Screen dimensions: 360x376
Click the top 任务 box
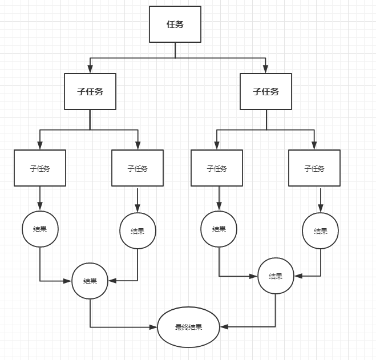pyautogui.click(x=175, y=24)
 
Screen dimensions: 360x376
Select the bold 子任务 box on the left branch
pyautogui.click(x=90, y=91)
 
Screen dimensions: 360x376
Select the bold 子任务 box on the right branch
pyautogui.click(x=266, y=91)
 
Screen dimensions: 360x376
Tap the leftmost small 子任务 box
pyautogui.click(x=40, y=168)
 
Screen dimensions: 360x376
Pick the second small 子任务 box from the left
pyautogui.click(x=138, y=168)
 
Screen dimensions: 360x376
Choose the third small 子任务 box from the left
pyautogui.click(x=217, y=168)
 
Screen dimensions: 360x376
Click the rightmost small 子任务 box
pyautogui.click(x=314, y=168)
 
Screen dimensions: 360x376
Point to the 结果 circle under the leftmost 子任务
pyautogui.click(x=40, y=229)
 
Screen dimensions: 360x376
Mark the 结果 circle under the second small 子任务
pyautogui.click(x=138, y=230)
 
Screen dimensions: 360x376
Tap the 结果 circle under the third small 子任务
pyautogui.click(x=219, y=229)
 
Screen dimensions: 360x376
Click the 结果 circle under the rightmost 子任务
pyautogui.click(x=321, y=230)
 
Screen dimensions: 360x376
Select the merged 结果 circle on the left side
pyautogui.click(x=90, y=281)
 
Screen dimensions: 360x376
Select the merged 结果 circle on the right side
pyautogui.click(x=276, y=276)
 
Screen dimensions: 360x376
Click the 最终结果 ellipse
pyautogui.click(x=188, y=327)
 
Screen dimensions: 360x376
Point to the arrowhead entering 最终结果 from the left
pyautogui.click(x=153, y=327)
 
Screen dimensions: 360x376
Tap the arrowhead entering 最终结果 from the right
pyautogui.click(x=224, y=327)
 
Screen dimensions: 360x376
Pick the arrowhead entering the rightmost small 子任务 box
pyautogui.click(x=314, y=146)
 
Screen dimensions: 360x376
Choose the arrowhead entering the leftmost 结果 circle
pyautogui.click(x=40, y=207)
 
